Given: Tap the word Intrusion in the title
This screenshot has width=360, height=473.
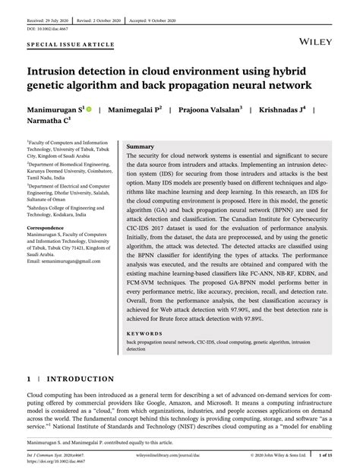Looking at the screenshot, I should (x=58, y=68).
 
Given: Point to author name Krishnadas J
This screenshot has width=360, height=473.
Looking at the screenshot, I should (x=283, y=110).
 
